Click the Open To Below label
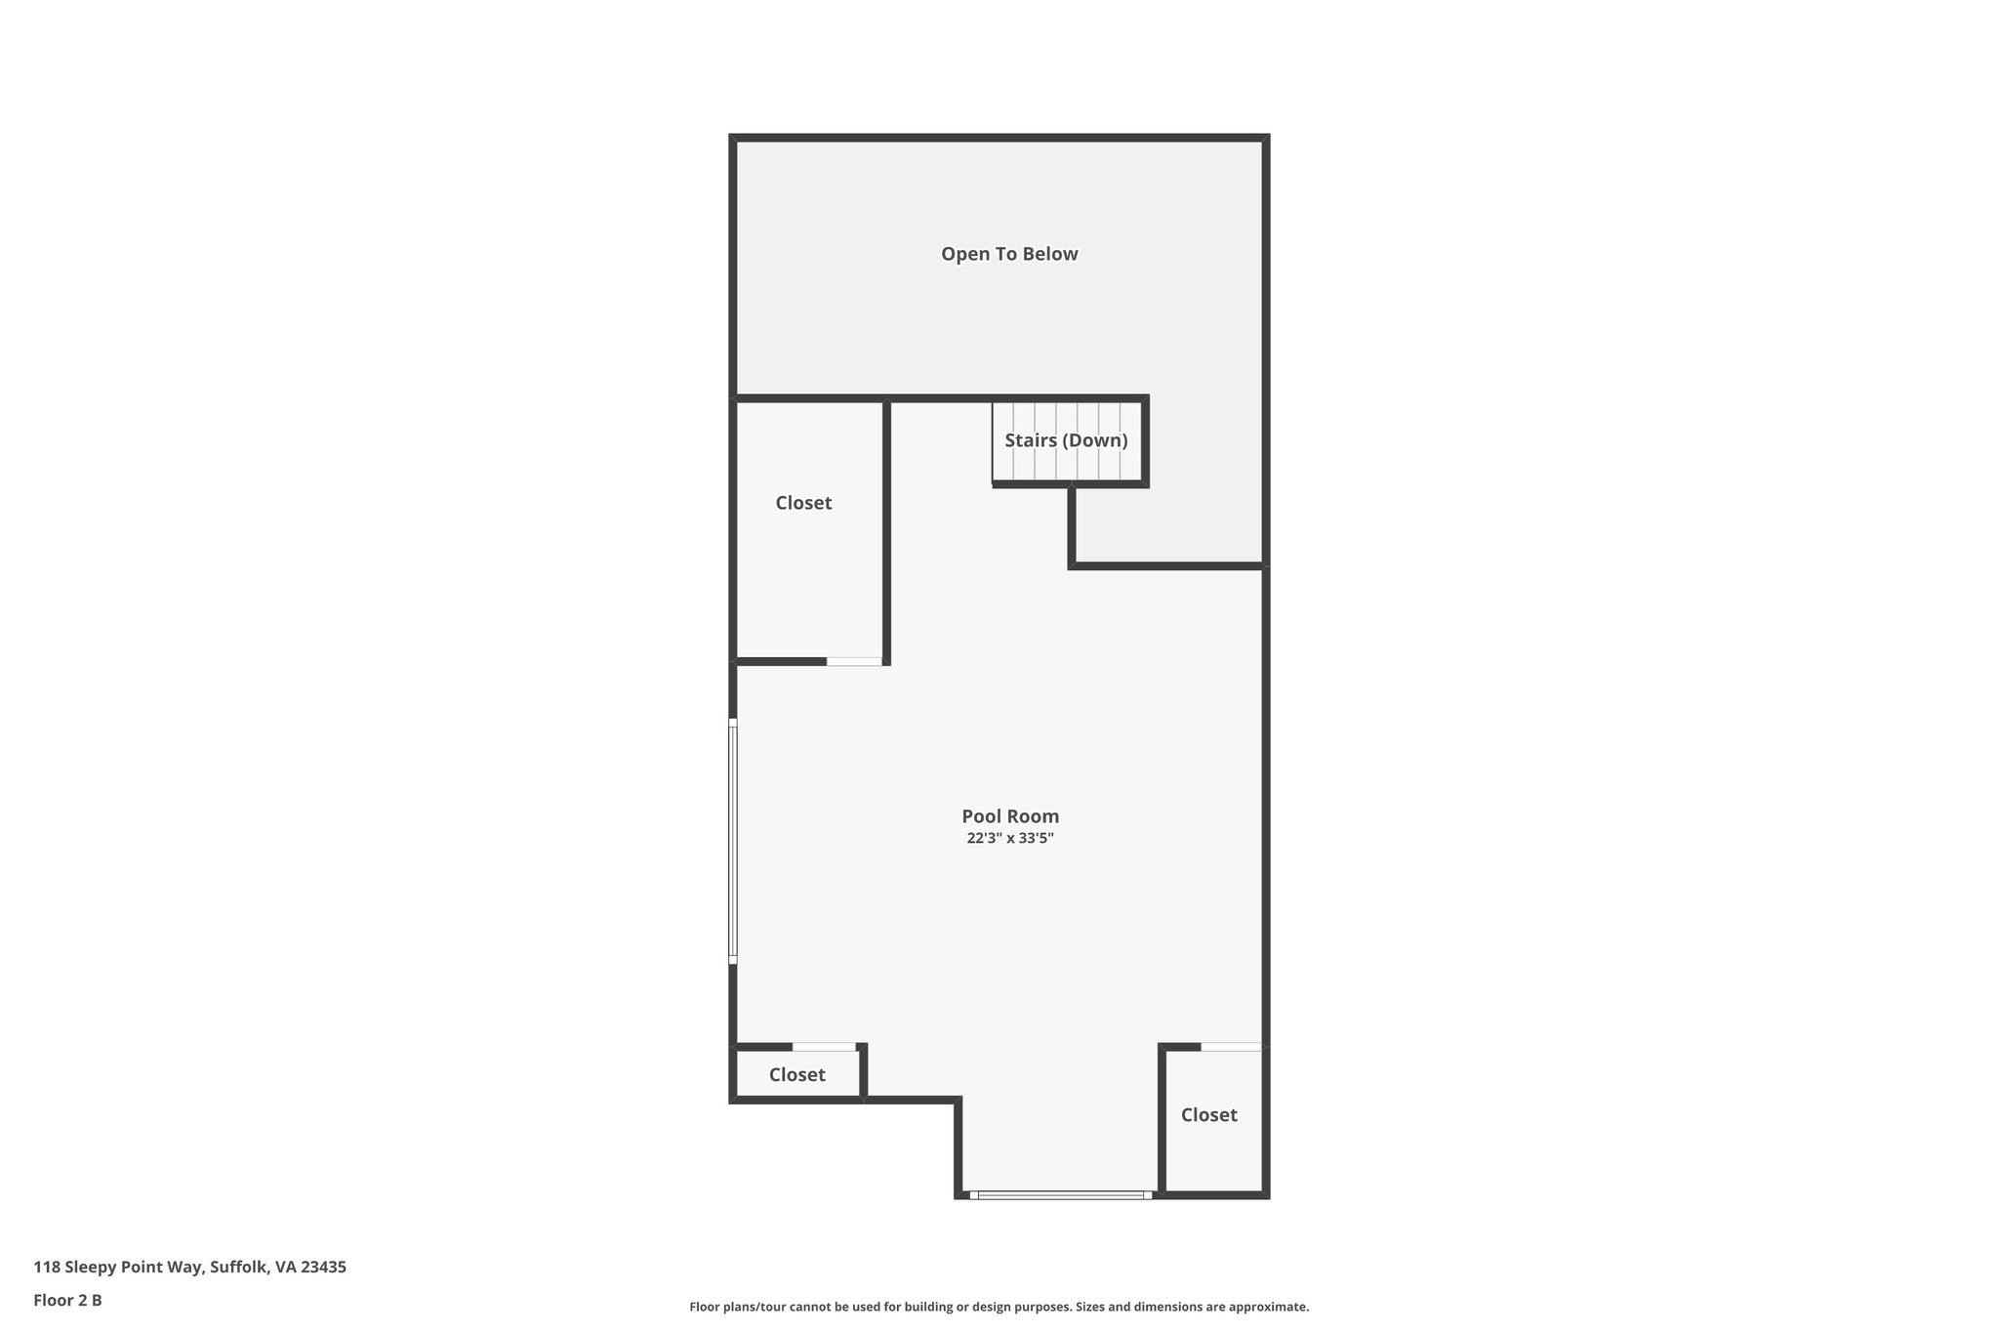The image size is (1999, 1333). pos(1009,254)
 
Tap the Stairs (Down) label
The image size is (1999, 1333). pos(1066,440)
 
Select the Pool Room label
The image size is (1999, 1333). pos(1010,816)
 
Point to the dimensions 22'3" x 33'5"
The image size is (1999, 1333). pos(1010,839)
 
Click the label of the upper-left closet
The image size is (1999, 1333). pos(803,503)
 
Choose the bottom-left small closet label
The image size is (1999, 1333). pos(796,1075)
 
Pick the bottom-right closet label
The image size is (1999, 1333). pos(1208,1115)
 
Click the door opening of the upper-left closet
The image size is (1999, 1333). pos(854,662)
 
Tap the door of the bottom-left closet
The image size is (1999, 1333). pos(824,1047)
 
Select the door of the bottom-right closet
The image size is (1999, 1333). pos(1230,1047)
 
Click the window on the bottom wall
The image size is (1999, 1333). pos(1061,1194)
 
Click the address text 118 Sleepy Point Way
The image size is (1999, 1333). pos(118,1268)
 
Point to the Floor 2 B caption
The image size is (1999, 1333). pos(67,1301)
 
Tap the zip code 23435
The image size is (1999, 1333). pos(323,1268)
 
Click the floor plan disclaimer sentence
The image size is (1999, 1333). pos(999,1307)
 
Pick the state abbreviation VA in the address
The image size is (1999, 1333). pos(285,1268)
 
